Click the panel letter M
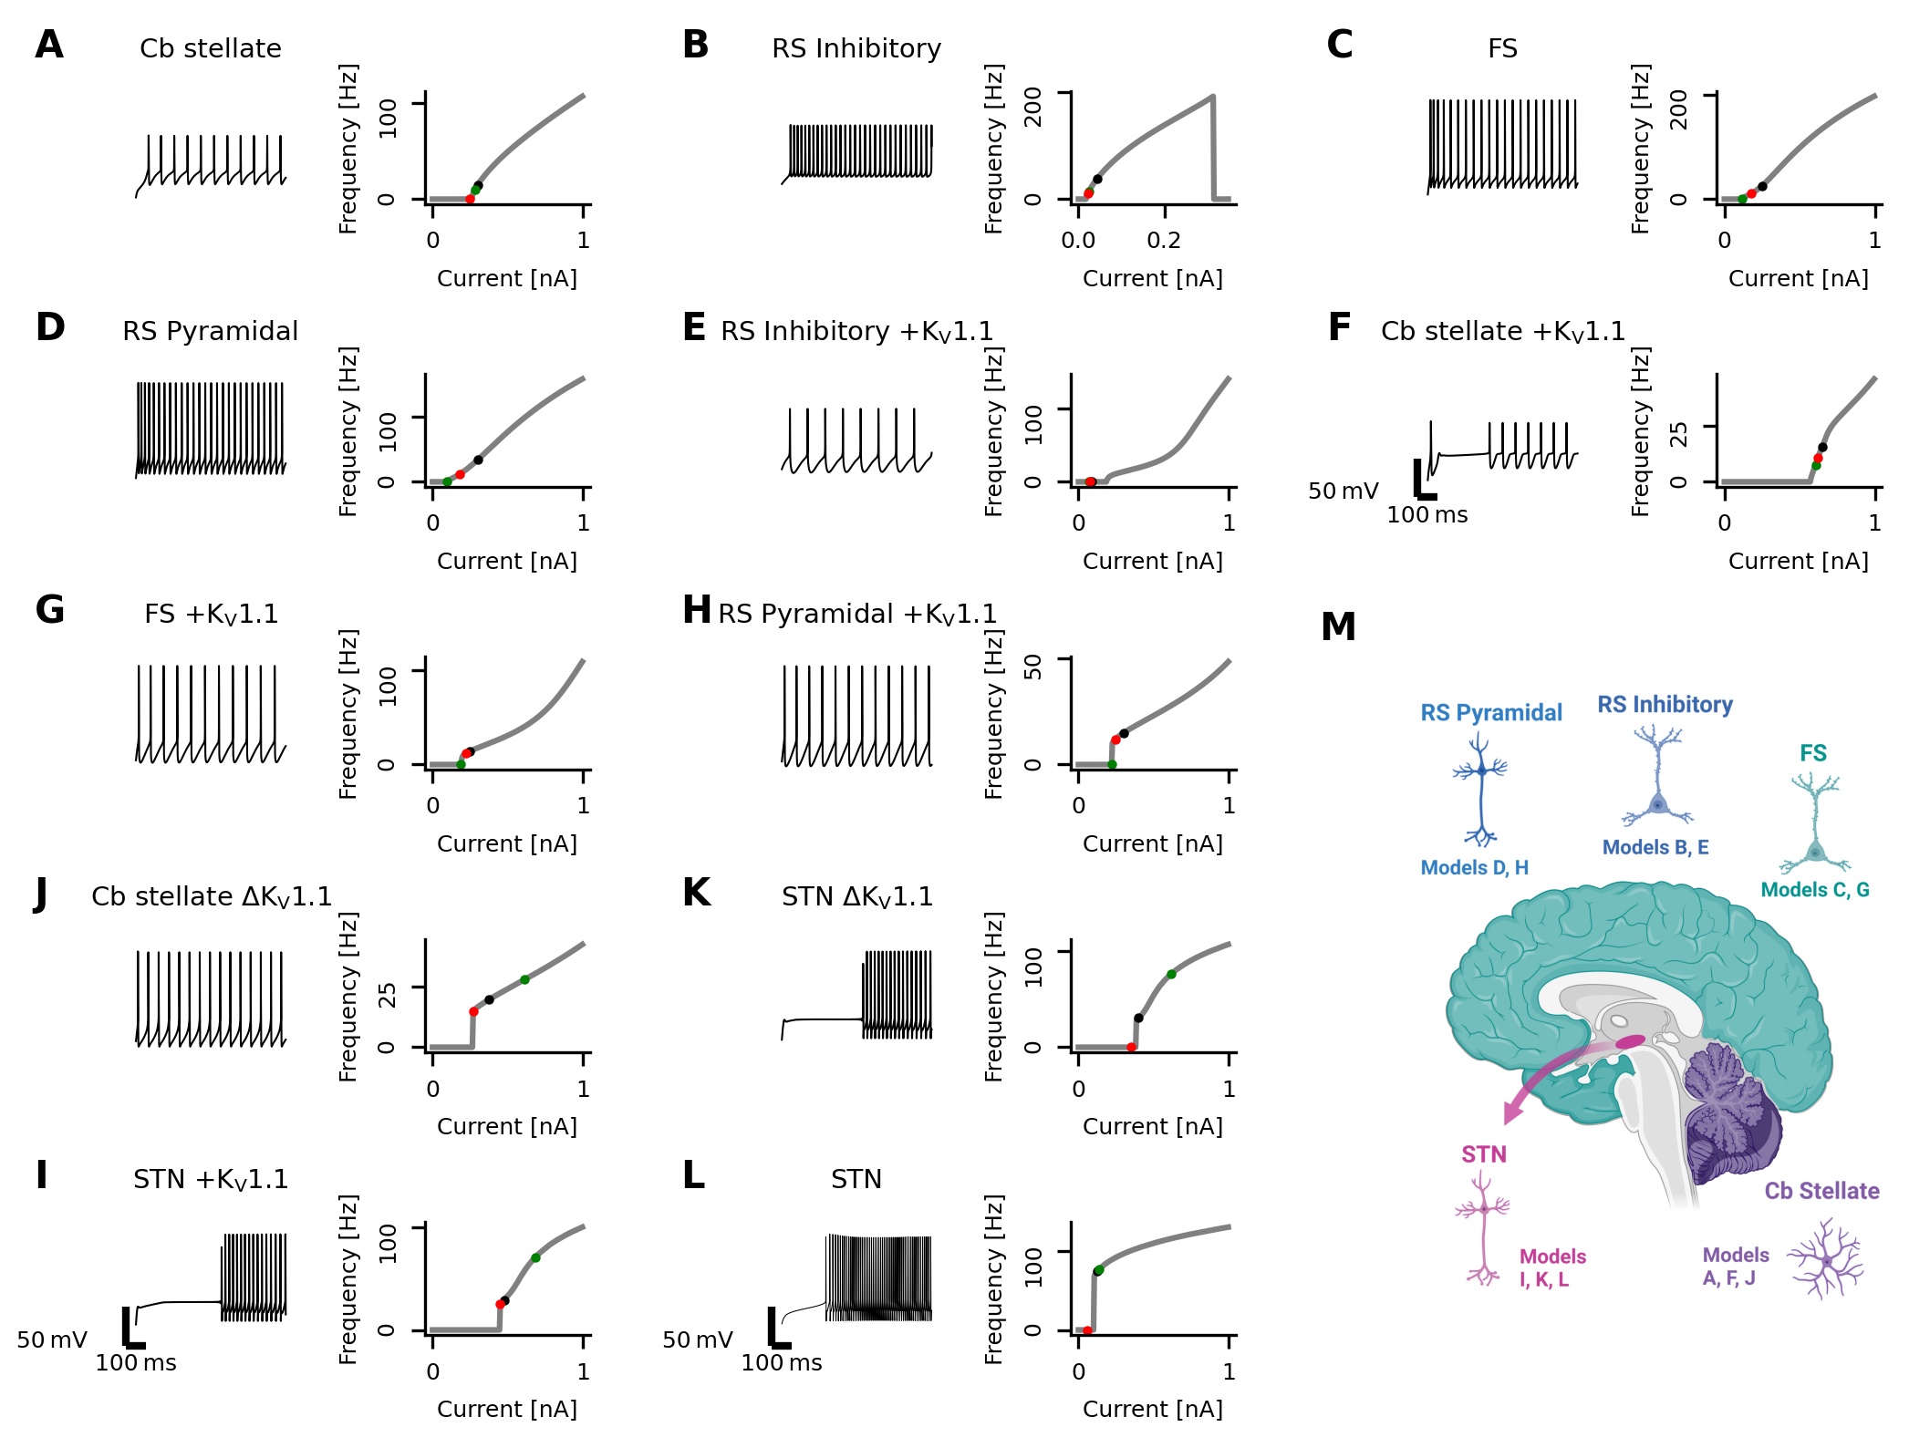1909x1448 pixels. point(1338,627)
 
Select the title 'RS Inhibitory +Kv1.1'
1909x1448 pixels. point(856,331)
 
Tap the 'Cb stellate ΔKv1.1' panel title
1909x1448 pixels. point(212,896)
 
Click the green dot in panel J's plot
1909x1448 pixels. point(524,979)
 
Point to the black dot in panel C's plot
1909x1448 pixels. point(1762,186)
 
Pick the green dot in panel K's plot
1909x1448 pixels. point(1171,974)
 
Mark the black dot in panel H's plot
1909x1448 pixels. point(1124,733)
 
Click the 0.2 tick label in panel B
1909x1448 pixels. point(1164,241)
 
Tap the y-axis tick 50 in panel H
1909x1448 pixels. point(1033,667)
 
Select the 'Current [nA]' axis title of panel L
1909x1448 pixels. point(1153,1409)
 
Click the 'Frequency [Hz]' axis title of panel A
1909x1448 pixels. point(348,149)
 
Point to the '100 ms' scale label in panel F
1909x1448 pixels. point(1427,515)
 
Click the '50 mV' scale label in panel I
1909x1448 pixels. point(52,1339)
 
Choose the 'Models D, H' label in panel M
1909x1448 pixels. point(1475,868)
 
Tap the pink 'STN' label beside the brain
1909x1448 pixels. point(1484,1154)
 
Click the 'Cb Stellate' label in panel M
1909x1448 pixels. point(1821,1191)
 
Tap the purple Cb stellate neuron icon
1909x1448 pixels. point(1825,1259)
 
